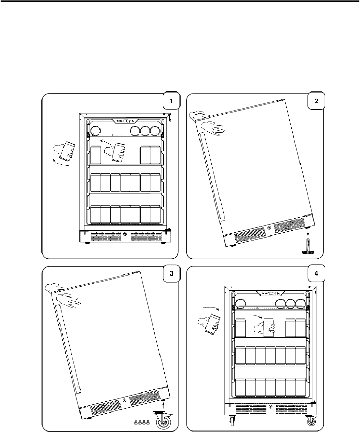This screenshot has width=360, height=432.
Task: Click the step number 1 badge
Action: (171, 101)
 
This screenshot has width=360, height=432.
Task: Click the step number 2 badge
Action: (316, 101)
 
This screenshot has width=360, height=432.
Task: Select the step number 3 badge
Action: (171, 273)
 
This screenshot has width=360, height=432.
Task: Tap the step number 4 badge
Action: (316, 273)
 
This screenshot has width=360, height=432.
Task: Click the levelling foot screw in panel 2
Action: (308, 247)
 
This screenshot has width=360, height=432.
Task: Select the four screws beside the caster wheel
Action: (142, 422)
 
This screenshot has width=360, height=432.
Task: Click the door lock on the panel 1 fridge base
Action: (125, 234)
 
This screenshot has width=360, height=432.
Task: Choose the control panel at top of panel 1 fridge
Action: (125, 121)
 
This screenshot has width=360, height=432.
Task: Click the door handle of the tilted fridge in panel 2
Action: (213, 177)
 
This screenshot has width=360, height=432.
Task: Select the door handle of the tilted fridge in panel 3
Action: (68, 349)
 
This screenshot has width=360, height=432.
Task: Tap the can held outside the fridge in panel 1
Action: (67, 151)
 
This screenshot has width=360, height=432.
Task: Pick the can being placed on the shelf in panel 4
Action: (268, 327)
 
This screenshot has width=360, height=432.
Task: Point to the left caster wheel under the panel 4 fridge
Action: (232, 426)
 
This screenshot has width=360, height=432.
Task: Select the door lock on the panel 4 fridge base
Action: (270, 407)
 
